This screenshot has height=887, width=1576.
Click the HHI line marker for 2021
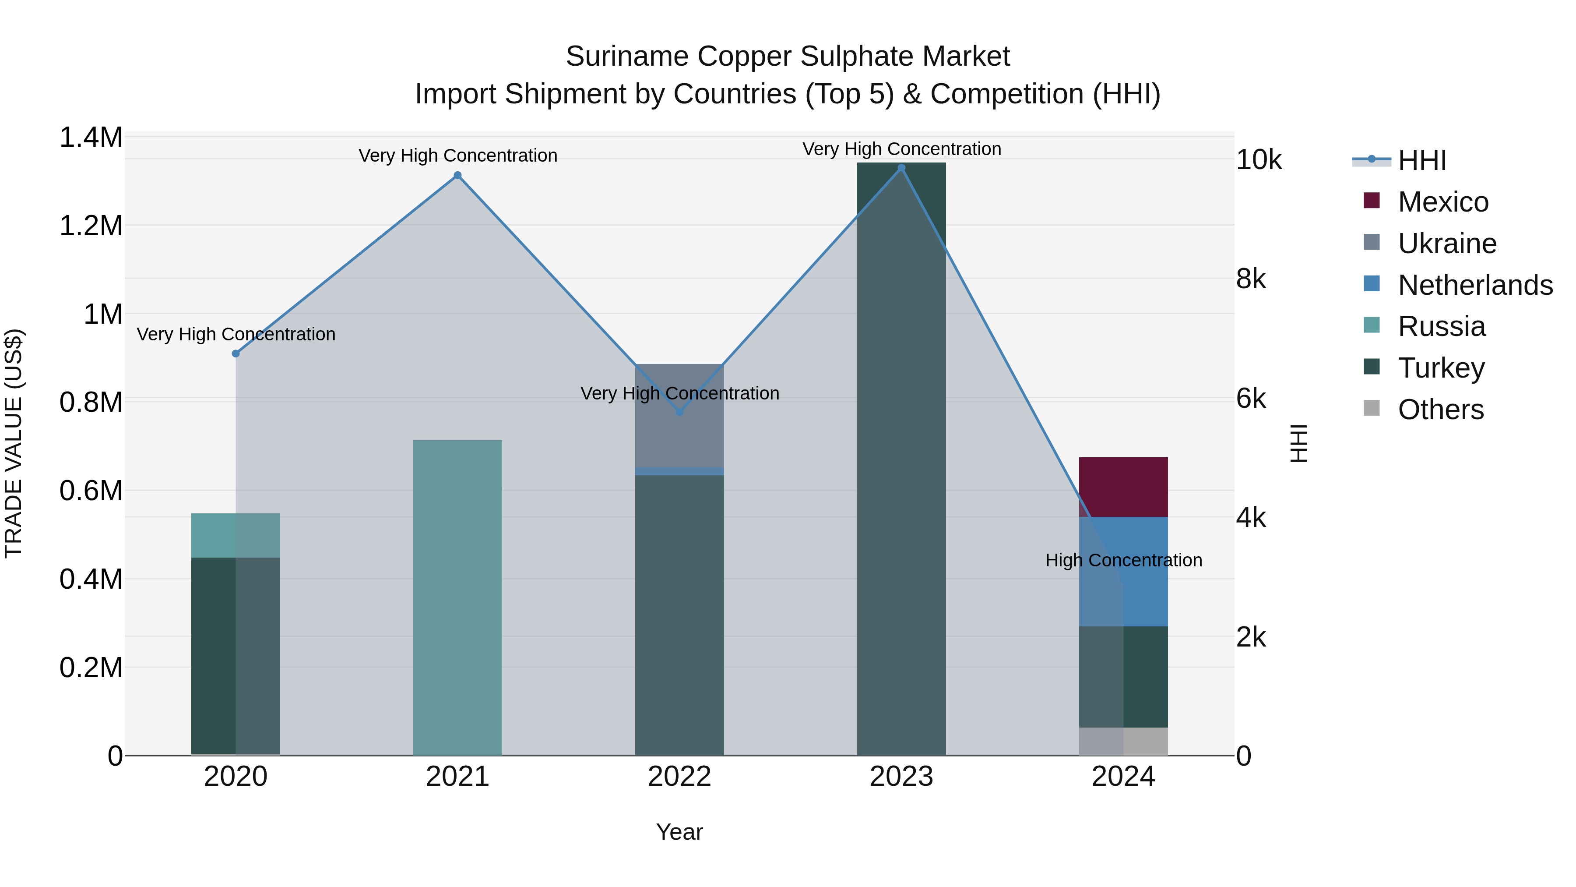click(x=457, y=176)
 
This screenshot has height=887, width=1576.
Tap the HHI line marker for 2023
click(x=901, y=168)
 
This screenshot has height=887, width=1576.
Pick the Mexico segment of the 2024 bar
click(x=1123, y=487)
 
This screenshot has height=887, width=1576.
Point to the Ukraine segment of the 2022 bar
click(x=679, y=416)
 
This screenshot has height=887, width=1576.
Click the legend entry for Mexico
click(x=1442, y=202)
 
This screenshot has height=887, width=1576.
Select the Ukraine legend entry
click(x=1446, y=244)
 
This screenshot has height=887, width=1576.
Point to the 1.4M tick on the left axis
click(x=91, y=138)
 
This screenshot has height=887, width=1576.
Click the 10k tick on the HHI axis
click(x=1259, y=160)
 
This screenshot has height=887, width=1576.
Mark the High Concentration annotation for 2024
click(x=1123, y=560)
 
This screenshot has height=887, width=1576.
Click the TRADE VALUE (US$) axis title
click(x=14, y=443)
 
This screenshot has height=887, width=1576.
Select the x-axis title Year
click(x=679, y=832)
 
